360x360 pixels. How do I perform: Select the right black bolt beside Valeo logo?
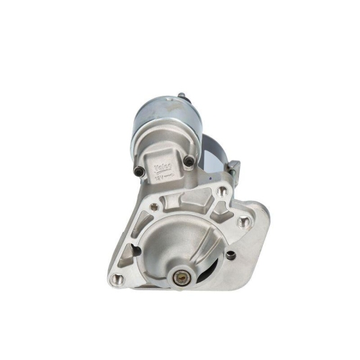(188, 160)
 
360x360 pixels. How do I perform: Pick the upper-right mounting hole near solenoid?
(222, 192)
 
